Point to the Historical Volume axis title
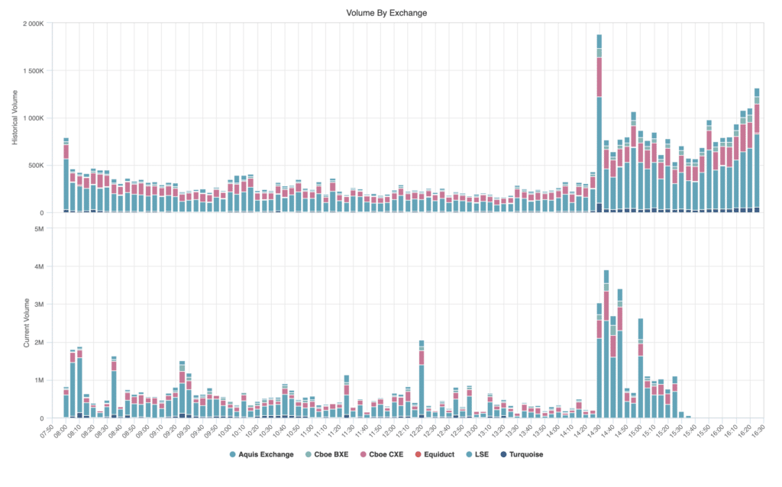point(15,118)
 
